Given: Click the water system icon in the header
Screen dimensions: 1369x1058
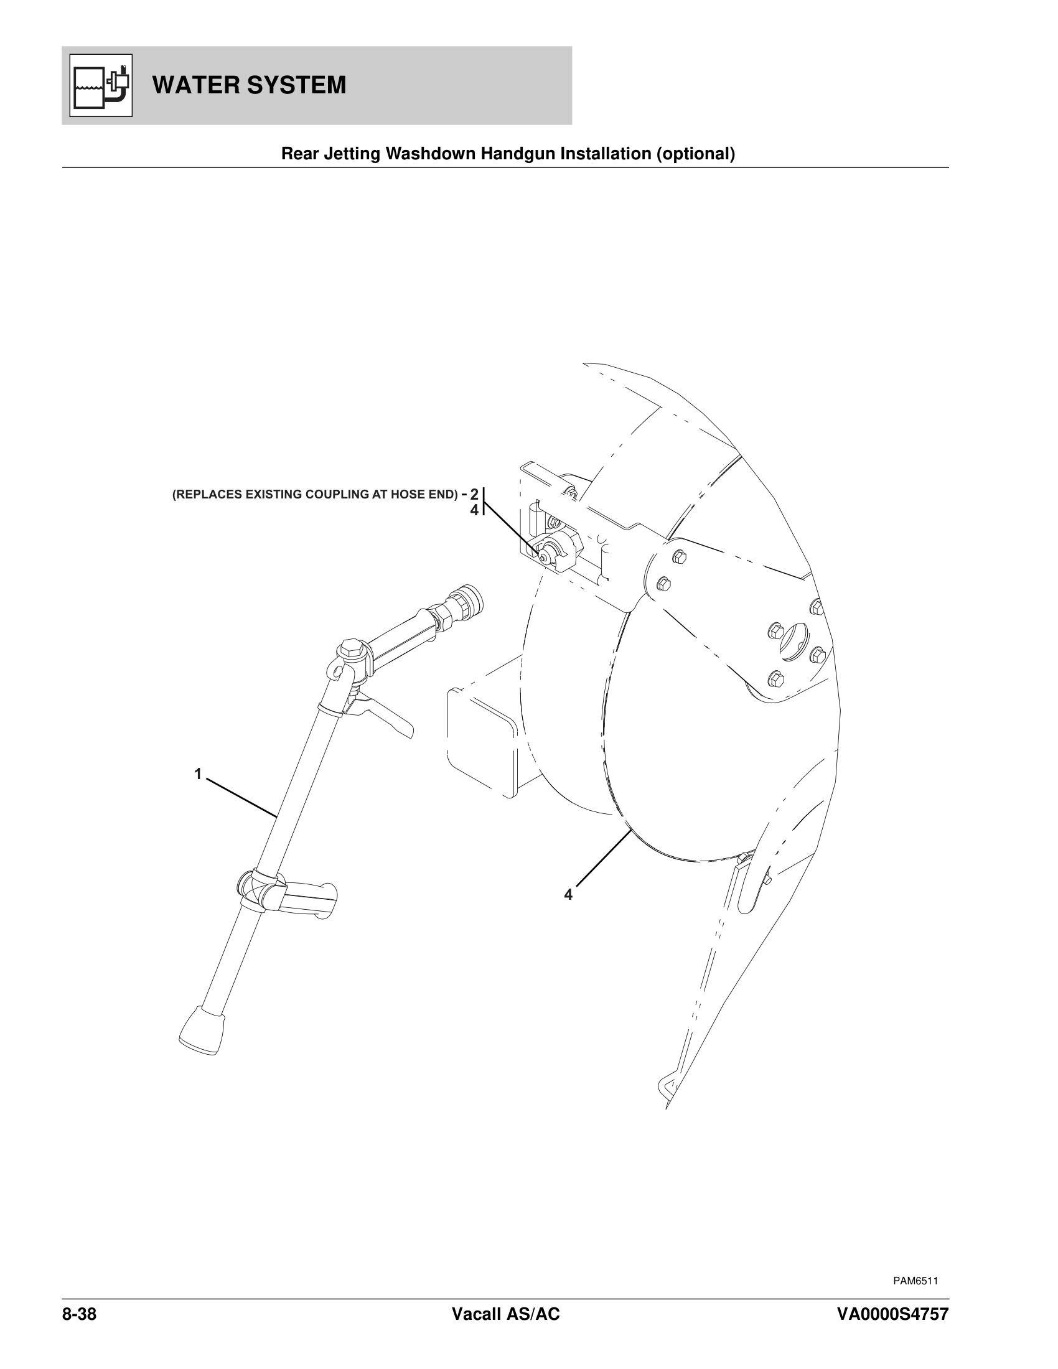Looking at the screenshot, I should [x=101, y=85].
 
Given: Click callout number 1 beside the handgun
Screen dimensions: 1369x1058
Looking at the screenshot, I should [x=198, y=774].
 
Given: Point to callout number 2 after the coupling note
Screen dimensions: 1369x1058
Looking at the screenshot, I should [x=474, y=494].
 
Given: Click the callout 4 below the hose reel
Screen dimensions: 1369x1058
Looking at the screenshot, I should [x=568, y=895].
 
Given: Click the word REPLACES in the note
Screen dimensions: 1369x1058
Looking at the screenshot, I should [x=207, y=495].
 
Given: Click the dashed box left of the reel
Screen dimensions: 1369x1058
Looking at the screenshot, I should [x=482, y=740].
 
